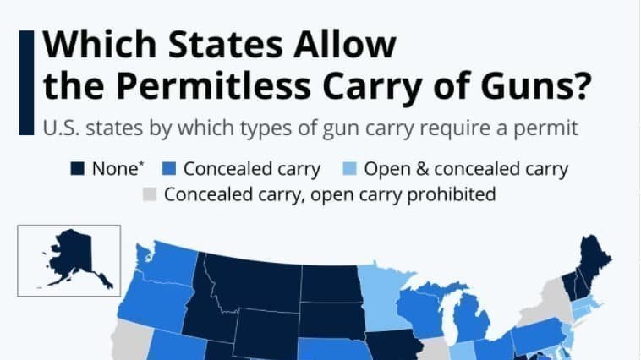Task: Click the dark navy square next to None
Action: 77,169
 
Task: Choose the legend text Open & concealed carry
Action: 466,169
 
